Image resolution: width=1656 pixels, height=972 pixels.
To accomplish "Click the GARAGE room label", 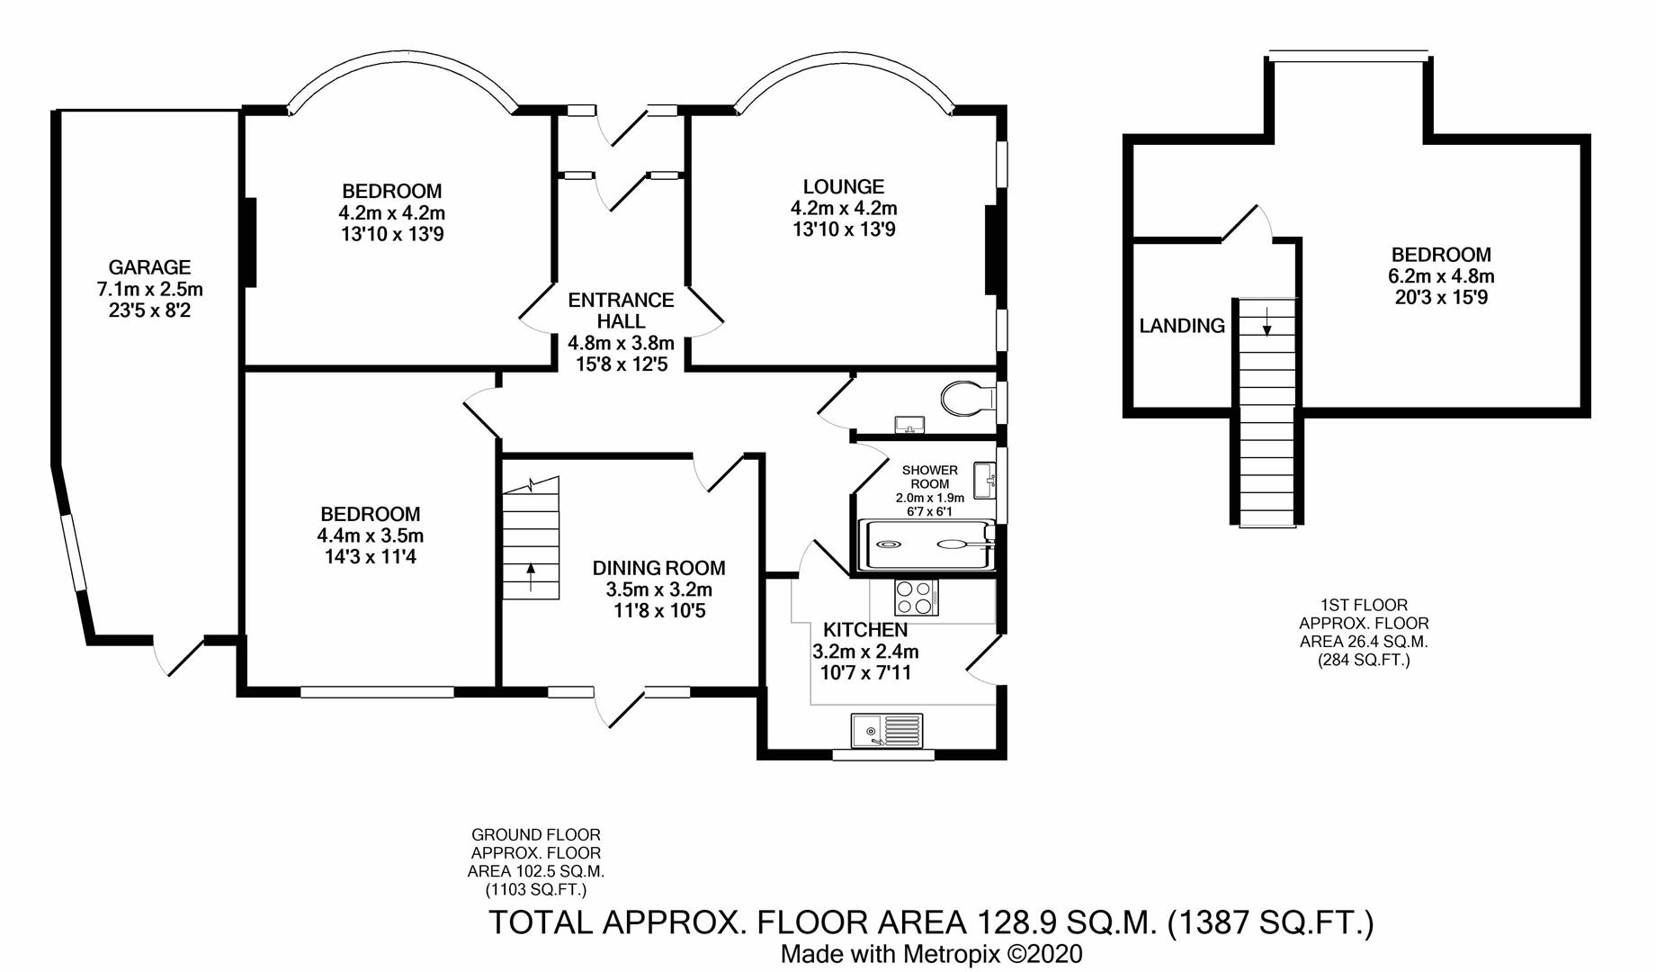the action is pyautogui.click(x=149, y=267).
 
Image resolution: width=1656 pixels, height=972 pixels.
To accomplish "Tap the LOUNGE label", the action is pyautogui.click(x=844, y=186).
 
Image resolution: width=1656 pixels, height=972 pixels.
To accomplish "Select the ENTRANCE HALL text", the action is pyautogui.click(x=621, y=310).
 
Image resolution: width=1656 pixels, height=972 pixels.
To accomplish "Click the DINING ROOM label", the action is pyautogui.click(x=658, y=568).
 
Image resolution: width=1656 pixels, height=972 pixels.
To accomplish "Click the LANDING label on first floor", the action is pyautogui.click(x=1182, y=326).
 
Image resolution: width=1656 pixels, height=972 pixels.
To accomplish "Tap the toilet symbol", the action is pyautogui.click(x=967, y=397).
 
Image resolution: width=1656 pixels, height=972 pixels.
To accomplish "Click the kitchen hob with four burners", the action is pyautogui.click(x=916, y=597).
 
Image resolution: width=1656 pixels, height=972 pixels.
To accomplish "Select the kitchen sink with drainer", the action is pyautogui.click(x=887, y=730).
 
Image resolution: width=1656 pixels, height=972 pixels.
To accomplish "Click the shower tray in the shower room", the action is pyautogui.click(x=927, y=544).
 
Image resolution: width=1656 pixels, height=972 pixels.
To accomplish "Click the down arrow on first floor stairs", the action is pyautogui.click(x=1267, y=321).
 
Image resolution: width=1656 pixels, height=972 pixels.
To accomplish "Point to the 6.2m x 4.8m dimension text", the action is pyautogui.click(x=1441, y=276).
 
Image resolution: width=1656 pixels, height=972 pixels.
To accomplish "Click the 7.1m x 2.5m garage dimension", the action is pyautogui.click(x=149, y=290).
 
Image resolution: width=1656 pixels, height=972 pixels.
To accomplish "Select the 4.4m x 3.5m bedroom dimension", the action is pyautogui.click(x=371, y=535).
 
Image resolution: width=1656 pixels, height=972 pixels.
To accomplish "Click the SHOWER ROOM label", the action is pyautogui.click(x=930, y=477).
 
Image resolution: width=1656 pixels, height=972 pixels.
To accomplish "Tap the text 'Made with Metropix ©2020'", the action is pyautogui.click(x=931, y=954).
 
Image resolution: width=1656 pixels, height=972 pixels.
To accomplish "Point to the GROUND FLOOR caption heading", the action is pyautogui.click(x=536, y=834).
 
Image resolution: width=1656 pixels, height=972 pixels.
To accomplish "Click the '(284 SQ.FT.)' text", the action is pyautogui.click(x=1364, y=661).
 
